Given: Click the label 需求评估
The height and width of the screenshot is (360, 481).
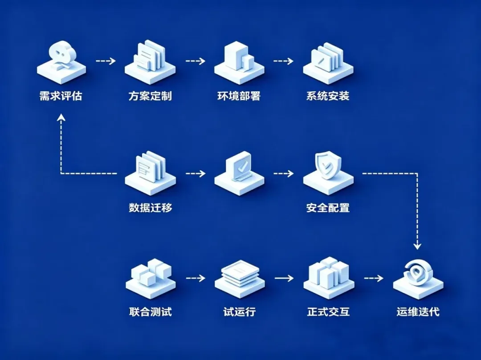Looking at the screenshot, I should [x=61, y=96].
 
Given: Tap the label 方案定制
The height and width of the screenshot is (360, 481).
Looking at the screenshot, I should [x=150, y=96].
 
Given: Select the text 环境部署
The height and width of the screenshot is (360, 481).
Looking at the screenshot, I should [x=239, y=96].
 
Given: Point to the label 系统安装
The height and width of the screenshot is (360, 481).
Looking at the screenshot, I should [x=328, y=96].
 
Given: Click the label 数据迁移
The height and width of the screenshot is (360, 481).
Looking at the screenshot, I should [x=150, y=207].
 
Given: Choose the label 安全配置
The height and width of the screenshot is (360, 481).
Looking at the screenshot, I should [x=328, y=207].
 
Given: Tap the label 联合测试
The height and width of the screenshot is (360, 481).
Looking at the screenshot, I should [x=150, y=311].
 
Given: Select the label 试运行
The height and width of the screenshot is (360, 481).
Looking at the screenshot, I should [x=240, y=311].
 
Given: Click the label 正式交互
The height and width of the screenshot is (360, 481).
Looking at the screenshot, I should [x=328, y=311].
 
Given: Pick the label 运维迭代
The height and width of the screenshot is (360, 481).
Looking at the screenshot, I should [x=418, y=311].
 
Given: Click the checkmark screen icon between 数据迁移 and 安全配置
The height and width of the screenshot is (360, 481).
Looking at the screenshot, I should [x=239, y=169].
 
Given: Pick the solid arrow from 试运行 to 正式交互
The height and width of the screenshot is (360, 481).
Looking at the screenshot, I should [x=284, y=279].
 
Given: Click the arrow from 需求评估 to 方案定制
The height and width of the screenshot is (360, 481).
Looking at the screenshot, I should [x=106, y=61].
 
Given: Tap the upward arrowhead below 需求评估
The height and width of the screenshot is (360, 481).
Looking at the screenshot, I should [x=61, y=117].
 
